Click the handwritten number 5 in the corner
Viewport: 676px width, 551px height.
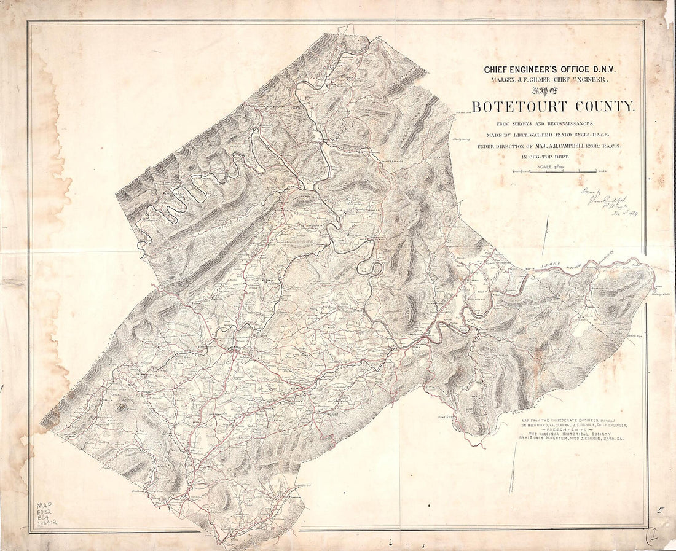(x=659, y=510)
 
